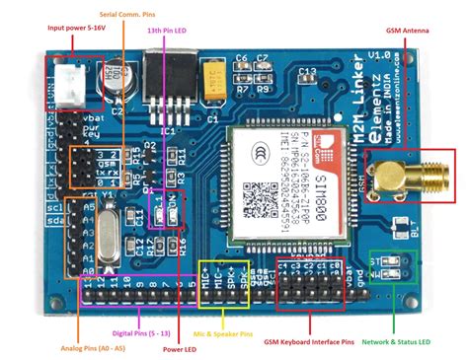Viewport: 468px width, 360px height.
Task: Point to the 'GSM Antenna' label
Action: [401, 31]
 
